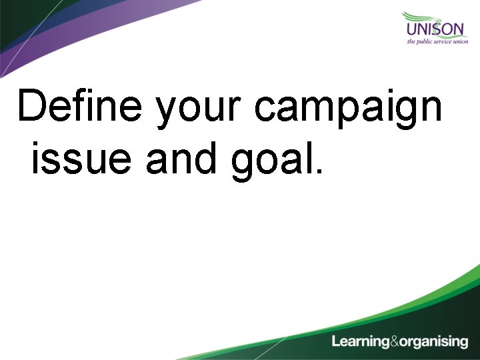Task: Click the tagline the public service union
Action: [437, 41]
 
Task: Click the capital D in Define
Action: [34, 107]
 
